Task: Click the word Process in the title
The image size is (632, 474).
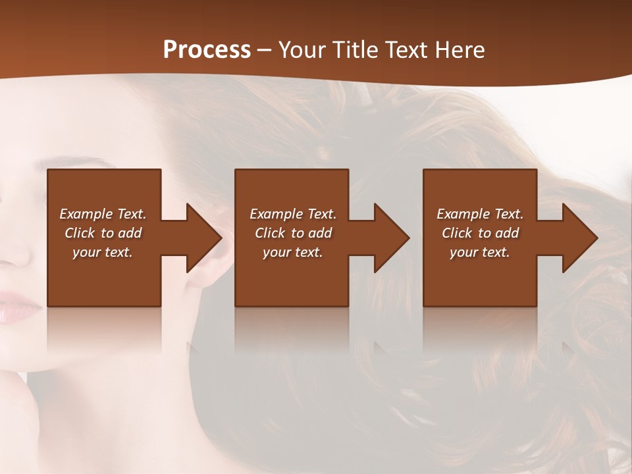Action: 207,50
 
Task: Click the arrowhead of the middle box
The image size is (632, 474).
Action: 390,238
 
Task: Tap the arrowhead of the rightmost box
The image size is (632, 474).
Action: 579,238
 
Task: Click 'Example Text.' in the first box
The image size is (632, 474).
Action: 103,214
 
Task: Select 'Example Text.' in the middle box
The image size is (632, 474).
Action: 293,214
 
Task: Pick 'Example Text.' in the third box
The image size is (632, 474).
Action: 480,214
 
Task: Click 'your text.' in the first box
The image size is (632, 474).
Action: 103,252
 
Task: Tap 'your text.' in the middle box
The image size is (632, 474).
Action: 293,252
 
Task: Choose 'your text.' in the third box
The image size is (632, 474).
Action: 480,252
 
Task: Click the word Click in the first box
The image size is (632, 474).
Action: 80,233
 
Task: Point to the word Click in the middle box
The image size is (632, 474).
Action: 270,233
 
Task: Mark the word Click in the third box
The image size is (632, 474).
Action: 457,233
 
